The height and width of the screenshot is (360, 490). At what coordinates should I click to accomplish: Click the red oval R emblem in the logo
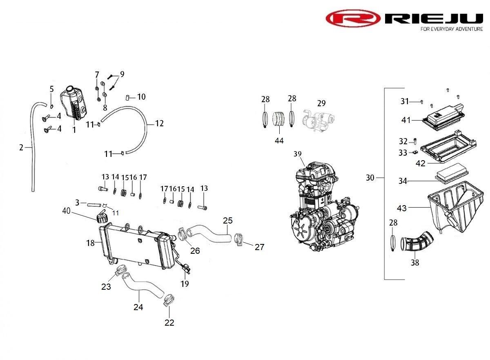pos(353,18)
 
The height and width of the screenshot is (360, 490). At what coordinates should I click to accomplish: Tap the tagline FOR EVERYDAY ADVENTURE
pos(452,29)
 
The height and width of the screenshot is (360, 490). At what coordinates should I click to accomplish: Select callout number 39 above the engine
pos(298,154)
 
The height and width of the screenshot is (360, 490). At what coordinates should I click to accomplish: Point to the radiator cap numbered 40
pos(101,217)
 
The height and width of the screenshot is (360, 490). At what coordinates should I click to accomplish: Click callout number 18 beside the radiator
pos(90,243)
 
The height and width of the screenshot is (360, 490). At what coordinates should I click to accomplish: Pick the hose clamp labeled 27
pos(239,239)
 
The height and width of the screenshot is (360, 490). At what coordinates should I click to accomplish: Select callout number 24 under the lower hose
pos(138,307)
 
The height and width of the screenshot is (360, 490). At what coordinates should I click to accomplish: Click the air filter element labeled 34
pos(451,176)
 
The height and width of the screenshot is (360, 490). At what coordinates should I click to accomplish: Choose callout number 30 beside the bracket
pos(370,177)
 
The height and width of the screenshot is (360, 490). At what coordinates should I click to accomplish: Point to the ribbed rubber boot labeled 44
pos(278,119)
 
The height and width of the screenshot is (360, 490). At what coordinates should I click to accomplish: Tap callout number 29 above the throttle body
pos(321,103)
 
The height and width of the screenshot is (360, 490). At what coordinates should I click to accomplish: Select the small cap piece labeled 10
pos(128,97)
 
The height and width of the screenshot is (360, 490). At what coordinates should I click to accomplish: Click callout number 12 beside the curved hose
pos(159,123)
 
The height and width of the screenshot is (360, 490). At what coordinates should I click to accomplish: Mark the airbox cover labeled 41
pos(443,117)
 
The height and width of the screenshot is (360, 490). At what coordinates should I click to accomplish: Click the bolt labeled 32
pos(414,141)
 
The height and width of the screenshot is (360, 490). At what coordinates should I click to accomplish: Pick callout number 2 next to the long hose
pos(21,148)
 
